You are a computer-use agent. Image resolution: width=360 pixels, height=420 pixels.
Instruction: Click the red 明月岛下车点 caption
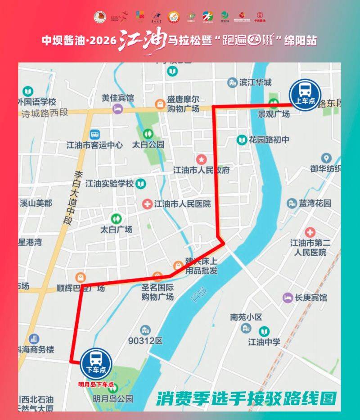[x=96, y=385]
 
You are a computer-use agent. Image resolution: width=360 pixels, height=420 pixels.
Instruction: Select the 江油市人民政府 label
[x=202, y=170]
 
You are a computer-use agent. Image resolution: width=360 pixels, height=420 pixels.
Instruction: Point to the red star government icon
[x=201, y=159]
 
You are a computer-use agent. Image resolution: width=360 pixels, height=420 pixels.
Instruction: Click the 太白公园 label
[x=148, y=145]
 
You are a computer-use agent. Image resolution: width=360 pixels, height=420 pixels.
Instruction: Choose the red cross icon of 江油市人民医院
[x=147, y=204]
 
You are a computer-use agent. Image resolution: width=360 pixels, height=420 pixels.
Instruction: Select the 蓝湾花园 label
[x=315, y=203]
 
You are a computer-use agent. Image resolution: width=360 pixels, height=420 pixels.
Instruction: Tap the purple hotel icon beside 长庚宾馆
[x=287, y=298]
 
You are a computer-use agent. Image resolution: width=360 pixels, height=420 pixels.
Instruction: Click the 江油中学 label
[x=264, y=342]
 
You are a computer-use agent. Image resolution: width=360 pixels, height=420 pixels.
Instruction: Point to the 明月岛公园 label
[x=113, y=398]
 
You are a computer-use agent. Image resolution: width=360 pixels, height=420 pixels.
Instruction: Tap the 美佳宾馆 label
[x=117, y=98]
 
